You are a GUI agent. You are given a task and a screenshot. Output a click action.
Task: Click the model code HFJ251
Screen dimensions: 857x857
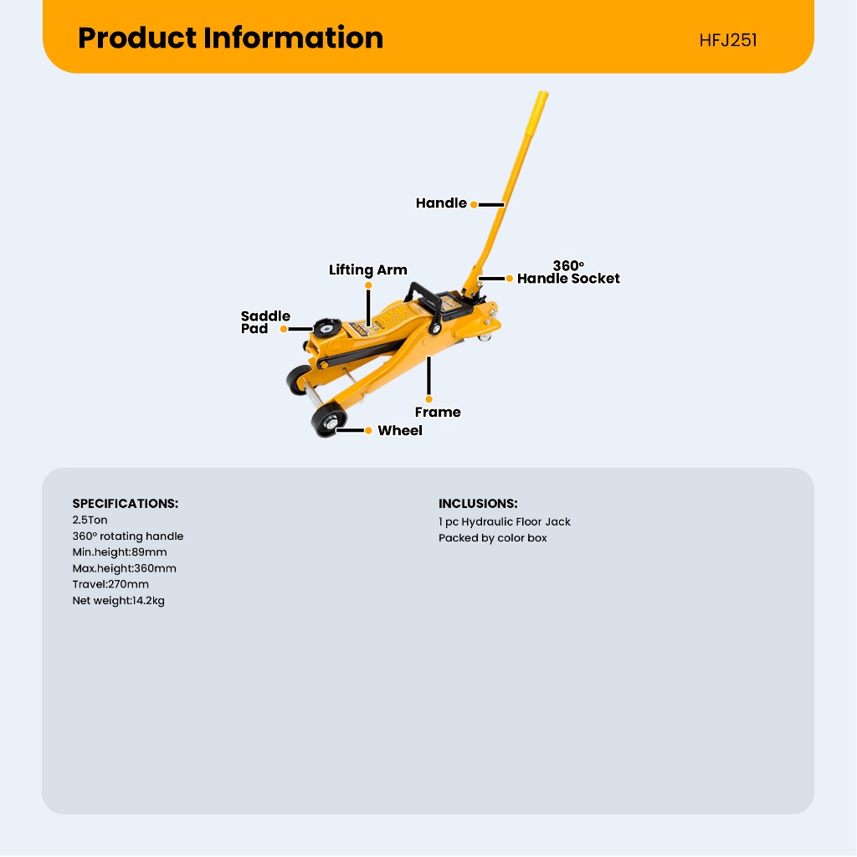coord(728,40)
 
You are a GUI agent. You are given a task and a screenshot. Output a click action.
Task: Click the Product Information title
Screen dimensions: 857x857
coord(230,38)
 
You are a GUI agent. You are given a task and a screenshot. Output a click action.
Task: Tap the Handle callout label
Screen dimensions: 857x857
coord(441,203)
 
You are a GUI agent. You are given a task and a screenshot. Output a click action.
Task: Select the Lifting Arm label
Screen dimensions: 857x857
coord(367,270)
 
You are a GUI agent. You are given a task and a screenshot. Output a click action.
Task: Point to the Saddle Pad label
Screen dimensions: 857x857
coord(265,322)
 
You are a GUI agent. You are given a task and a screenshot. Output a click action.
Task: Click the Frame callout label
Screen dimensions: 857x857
coord(438,412)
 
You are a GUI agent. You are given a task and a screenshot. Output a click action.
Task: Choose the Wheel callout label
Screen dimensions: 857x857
coord(400,431)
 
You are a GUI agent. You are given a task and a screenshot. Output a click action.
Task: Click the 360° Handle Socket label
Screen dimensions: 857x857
coord(568,273)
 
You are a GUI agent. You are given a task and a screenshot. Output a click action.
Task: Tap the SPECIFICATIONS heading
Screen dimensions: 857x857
coord(126,504)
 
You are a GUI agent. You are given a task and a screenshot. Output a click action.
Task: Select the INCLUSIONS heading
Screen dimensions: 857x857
coord(478,504)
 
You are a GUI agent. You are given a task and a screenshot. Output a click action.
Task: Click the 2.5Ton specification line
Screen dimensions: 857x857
coord(90,521)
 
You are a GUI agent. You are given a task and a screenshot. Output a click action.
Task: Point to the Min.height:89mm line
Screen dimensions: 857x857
coord(120,552)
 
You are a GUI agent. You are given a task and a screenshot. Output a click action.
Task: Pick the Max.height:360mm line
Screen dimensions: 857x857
coord(124,568)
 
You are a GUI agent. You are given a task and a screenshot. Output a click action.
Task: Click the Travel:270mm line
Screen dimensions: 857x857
coord(110,584)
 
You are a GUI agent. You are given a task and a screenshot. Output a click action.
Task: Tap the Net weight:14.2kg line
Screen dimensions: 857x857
coord(118,600)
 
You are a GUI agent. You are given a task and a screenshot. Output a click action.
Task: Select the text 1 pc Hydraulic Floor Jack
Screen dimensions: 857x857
coord(505,521)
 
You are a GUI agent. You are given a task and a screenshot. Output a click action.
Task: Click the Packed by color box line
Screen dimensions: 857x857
coord(492,538)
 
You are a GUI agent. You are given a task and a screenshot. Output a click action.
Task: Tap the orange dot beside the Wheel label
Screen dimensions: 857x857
coord(368,431)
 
